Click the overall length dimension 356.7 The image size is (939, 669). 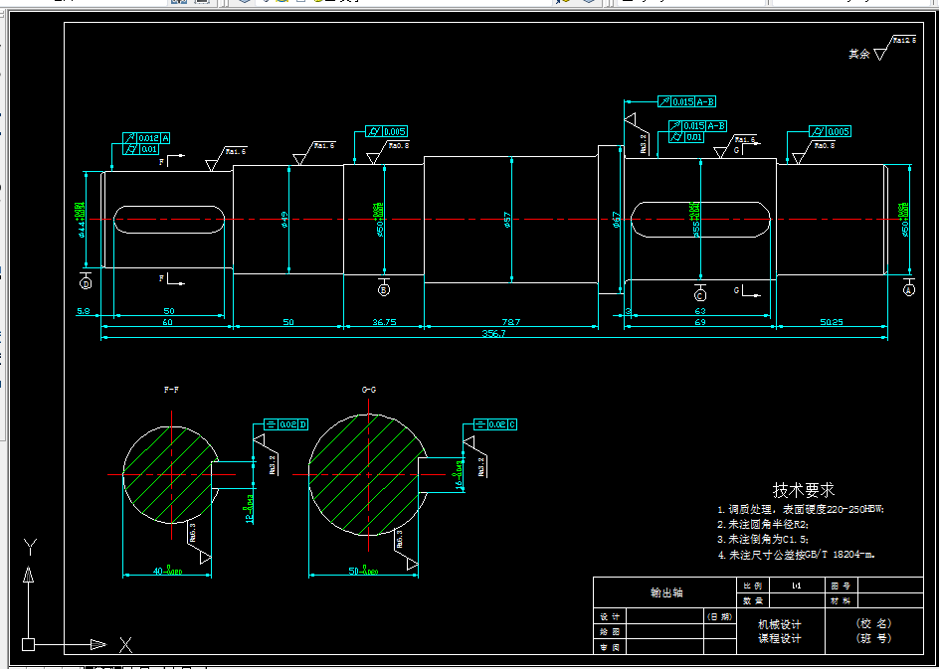tap(493, 334)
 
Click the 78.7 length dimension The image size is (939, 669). tap(511, 323)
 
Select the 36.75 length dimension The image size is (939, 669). tap(384, 323)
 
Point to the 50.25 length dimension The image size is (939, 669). tap(832, 323)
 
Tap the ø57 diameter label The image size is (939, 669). tap(506, 218)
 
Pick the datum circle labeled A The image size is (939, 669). tap(909, 290)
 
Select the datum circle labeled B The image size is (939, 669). tap(384, 290)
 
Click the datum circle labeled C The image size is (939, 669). tap(700, 295)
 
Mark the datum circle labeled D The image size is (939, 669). tap(86, 283)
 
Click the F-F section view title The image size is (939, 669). tap(172, 390)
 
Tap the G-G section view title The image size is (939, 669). tap(368, 390)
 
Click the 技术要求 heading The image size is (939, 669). tap(804, 490)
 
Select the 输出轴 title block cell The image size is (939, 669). tap(666, 592)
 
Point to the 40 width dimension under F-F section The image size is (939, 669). tap(165, 572)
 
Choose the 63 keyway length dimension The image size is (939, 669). tap(699, 312)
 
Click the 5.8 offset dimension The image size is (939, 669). tap(84, 312)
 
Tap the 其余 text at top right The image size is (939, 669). tap(859, 54)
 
